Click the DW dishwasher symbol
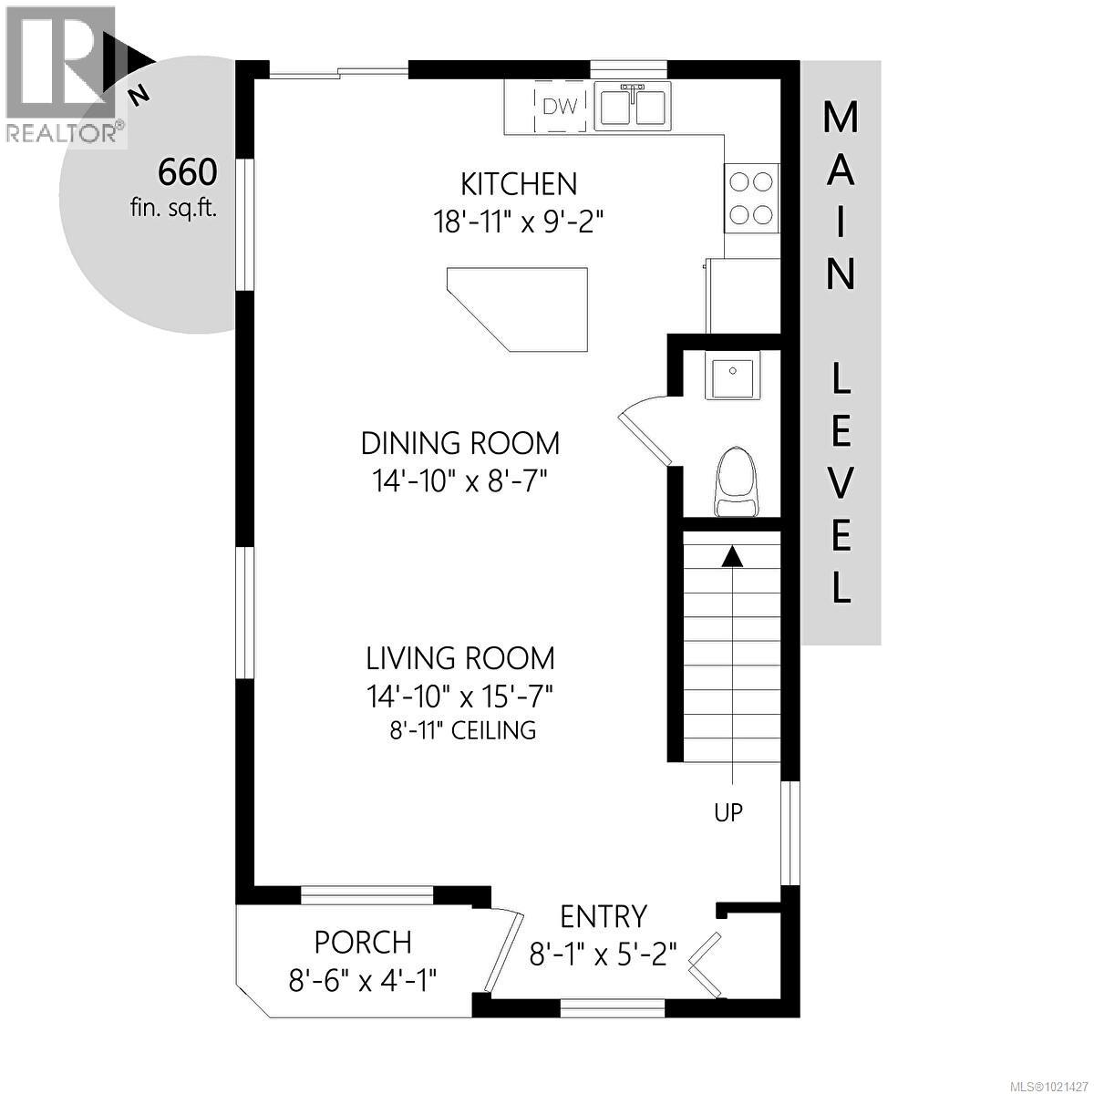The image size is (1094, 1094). click(x=560, y=108)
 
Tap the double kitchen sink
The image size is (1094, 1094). click(x=633, y=106)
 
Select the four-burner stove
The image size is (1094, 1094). click(x=752, y=198)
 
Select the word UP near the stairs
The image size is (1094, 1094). click(x=728, y=811)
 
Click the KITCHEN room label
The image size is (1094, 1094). click(x=519, y=184)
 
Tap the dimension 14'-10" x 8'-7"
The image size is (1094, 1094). click(x=460, y=480)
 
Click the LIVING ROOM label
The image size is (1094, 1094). click(x=460, y=657)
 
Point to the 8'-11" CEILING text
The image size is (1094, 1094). click(x=460, y=729)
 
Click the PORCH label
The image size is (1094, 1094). click(x=363, y=941)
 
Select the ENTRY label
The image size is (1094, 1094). click(x=603, y=915)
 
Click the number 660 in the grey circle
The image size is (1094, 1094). click(x=188, y=171)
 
